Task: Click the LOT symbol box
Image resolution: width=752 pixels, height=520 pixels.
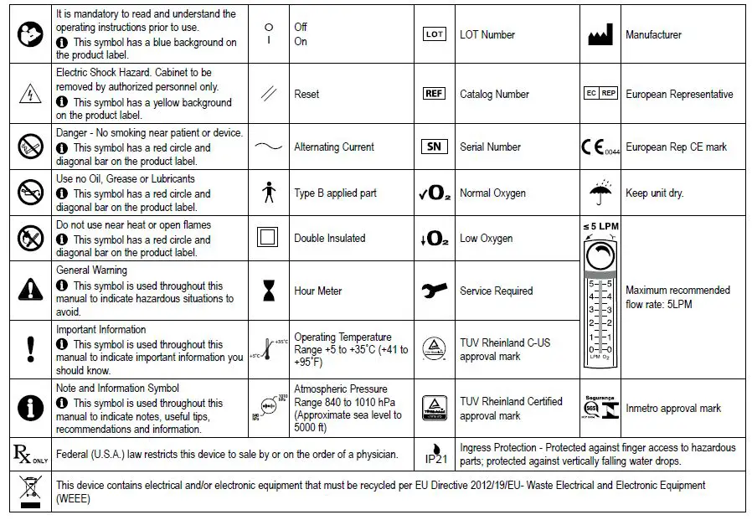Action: click(435, 34)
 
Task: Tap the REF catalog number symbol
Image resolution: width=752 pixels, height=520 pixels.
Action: click(435, 94)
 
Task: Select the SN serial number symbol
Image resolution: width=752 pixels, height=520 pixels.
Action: click(434, 147)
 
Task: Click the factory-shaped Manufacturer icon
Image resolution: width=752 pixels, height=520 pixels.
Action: click(601, 34)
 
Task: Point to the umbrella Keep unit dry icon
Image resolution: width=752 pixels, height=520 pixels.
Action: click(600, 193)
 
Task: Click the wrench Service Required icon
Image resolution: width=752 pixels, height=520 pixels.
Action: click(434, 291)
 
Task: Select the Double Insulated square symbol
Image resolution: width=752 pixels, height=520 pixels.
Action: click(268, 238)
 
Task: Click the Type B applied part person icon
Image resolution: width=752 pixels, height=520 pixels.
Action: click(268, 193)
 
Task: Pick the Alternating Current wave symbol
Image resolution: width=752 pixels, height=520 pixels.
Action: click(268, 147)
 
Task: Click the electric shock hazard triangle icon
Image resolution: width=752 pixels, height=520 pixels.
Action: click(31, 94)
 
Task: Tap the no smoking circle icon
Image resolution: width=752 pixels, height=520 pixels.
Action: click(31, 147)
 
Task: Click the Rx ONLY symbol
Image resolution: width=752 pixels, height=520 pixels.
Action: click(30, 455)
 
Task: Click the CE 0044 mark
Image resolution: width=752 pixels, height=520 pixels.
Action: click(600, 147)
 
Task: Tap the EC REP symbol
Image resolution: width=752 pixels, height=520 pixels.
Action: click(600, 94)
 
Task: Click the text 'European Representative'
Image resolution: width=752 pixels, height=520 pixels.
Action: click(679, 95)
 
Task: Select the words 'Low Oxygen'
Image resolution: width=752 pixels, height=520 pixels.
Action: click(486, 239)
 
